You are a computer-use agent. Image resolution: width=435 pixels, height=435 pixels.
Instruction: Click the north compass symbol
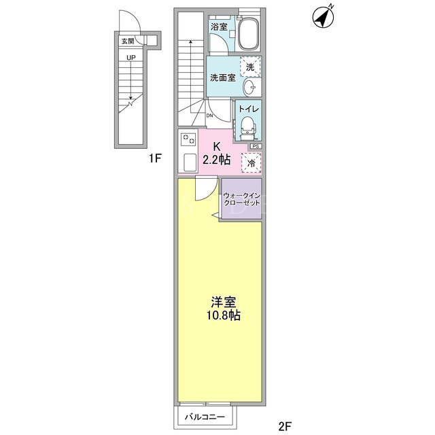pyautogui.click(x=323, y=18)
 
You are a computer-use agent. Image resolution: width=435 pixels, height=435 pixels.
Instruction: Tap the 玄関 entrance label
pyautogui.click(x=128, y=41)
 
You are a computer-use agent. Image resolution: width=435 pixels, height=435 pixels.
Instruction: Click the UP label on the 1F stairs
pyautogui.click(x=131, y=58)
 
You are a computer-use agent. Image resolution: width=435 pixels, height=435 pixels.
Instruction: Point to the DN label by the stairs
pyautogui.click(x=209, y=116)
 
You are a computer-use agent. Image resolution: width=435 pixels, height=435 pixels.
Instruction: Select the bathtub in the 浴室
pyautogui.click(x=249, y=34)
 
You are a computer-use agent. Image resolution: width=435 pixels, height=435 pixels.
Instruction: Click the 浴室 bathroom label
pyautogui.click(x=219, y=27)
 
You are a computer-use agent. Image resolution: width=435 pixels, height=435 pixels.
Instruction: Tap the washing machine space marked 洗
pyautogui.click(x=250, y=67)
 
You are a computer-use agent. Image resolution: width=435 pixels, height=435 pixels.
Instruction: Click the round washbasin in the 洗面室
pyautogui.click(x=251, y=87)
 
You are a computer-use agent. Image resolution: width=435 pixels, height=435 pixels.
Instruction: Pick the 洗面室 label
pyautogui.click(x=223, y=77)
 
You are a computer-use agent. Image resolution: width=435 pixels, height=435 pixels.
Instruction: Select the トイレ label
pyautogui.click(x=249, y=109)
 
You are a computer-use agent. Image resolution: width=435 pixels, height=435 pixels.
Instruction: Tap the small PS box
pyautogui.click(x=256, y=146)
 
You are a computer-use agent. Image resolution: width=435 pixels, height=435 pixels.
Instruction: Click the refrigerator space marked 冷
pyautogui.click(x=251, y=163)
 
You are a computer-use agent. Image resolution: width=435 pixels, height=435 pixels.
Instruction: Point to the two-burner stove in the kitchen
pyautogui.click(x=188, y=139)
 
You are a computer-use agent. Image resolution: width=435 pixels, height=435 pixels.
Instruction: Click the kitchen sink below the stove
pyautogui.click(x=190, y=162)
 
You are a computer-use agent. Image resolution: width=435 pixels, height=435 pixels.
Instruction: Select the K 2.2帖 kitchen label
pyautogui.click(x=216, y=154)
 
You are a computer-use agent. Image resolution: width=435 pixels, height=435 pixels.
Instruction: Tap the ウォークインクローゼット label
pyautogui.click(x=242, y=199)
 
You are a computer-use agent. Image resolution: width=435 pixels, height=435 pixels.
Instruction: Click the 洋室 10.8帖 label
pyautogui.click(x=224, y=309)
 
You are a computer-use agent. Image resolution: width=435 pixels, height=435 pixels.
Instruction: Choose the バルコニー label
pyautogui.click(x=205, y=417)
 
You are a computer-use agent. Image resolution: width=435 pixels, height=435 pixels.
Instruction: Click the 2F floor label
pyautogui.click(x=285, y=426)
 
